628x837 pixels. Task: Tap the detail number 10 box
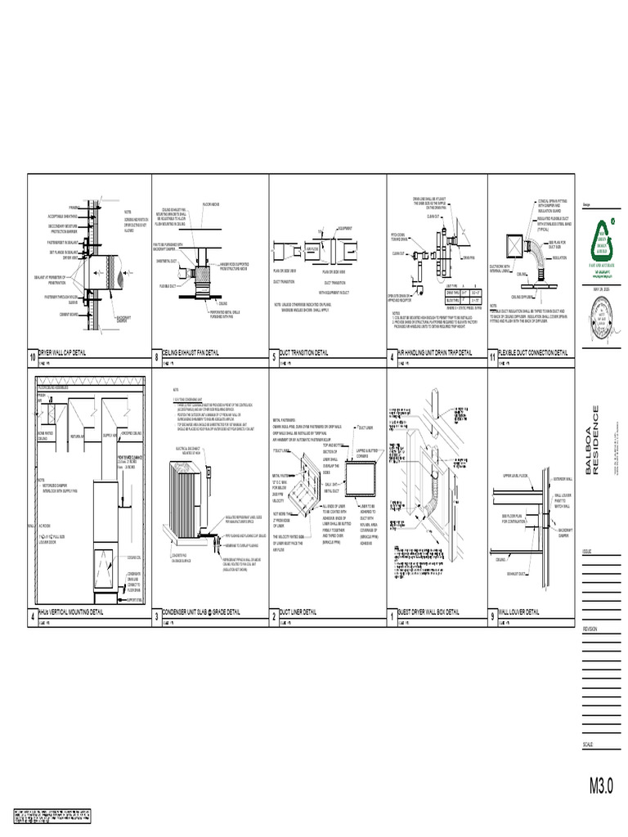coord(33,357)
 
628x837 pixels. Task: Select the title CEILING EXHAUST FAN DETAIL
coord(191,352)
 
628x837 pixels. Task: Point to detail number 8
coord(156,357)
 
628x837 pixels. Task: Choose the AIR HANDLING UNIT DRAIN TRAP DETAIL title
coord(434,352)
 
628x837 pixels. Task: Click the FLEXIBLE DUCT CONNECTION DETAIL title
coord(532,352)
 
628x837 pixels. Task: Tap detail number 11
coord(492,357)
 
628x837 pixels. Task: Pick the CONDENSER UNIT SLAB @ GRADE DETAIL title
coord(201,611)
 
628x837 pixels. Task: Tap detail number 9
coord(492,616)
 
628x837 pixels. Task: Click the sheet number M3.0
coord(601,786)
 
